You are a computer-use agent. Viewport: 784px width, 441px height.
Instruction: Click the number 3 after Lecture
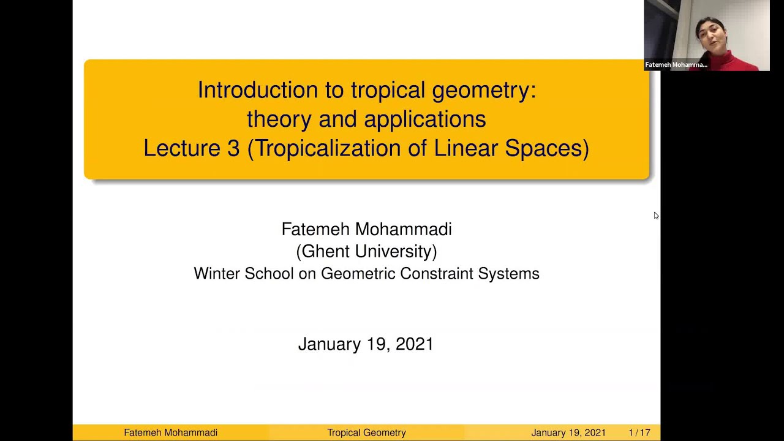coord(233,148)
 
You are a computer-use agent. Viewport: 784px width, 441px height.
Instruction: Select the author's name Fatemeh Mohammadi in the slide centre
coord(366,229)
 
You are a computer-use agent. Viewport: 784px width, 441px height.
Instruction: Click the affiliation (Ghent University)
coord(366,251)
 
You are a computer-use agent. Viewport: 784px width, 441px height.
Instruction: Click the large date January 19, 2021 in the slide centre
coord(366,344)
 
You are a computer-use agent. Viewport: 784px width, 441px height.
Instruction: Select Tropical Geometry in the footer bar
coord(366,432)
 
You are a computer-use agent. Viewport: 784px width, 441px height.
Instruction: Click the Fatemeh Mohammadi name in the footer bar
coord(170,432)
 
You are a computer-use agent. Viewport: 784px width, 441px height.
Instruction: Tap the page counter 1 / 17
coord(639,432)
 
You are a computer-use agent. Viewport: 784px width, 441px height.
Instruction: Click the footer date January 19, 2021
coord(568,432)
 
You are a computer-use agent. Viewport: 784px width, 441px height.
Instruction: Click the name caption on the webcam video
coord(676,64)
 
